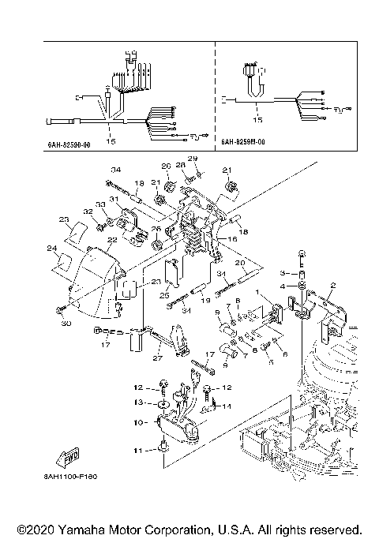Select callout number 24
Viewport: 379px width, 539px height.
52,249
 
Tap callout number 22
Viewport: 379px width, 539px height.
91,240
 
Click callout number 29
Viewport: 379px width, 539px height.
193,159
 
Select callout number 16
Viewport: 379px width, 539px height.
232,237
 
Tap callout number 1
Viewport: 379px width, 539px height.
257,292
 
